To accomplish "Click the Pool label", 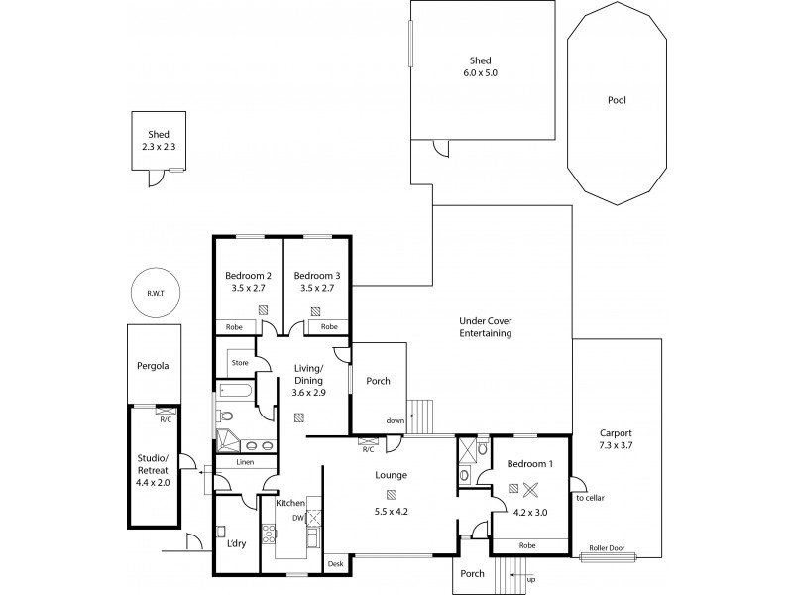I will [x=617, y=100].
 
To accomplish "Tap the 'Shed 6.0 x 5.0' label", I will [x=483, y=65].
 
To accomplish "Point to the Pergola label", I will [x=153, y=366].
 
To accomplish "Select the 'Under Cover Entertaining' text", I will [x=485, y=327].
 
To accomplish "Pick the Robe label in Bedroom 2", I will [x=234, y=326].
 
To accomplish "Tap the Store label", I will [x=239, y=363].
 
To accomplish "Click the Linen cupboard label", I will [x=243, y=462].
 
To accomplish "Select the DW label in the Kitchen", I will [x=296, y=517].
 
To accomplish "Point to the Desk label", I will [x=335, y=564].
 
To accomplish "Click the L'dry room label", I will [x=237, y=544].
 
